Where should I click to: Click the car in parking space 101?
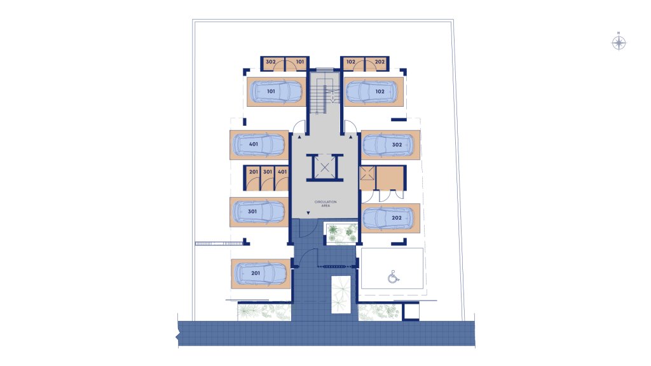[x=277, y=91]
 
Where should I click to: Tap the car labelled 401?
[x=259, y=145]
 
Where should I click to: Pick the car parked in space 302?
[x=388, y=145]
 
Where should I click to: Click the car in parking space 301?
[x=259, y=212]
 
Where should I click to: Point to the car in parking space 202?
[x=388, y=218]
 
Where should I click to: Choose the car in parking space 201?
[x=261, y=273]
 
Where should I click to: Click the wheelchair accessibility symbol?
[x=393, y=276]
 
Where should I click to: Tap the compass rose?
[x=619, y=43]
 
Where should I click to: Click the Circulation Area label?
[x=325, y=204]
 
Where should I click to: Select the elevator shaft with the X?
[x=325, y=168]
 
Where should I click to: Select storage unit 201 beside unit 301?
[x=253, y=178]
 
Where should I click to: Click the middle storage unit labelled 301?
[x=268, y=178]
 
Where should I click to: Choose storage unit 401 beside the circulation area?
[x=282, y=178]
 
